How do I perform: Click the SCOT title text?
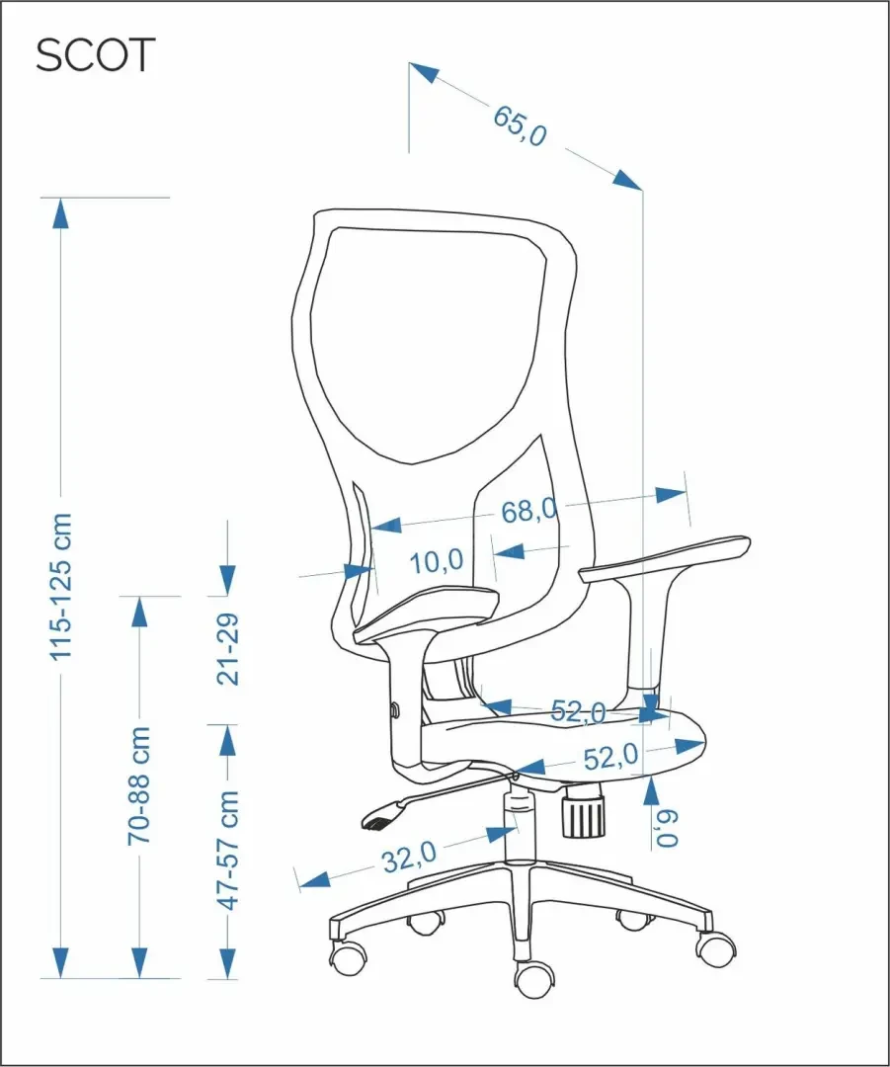[x=95, y=55]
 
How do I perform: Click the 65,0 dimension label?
[x=520, y=125]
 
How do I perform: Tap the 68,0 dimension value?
[x=528, y=511]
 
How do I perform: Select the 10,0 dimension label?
[x=437, y=561]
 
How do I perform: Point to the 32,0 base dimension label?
[x=409, y=857]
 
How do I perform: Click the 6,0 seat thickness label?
[x=668, y=828]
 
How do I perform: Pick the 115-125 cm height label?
[x=60, y=587]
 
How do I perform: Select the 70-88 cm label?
[x=139, y=786]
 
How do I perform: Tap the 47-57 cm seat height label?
[x=228, y=850]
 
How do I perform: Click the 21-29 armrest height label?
[x=228, y=649]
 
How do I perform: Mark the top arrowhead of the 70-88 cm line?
[x=139, y=612]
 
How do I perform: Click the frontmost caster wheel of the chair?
[x=534, y=980]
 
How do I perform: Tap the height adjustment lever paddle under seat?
[x=381, y=814]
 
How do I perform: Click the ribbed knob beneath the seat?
[x=583, y=810]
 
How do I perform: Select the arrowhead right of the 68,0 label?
[x=671, y=494]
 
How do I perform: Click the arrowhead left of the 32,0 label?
[x=314, y=880]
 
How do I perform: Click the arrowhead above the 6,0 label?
[x=651, y=790]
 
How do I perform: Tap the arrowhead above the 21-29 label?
[x=227, y=581]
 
